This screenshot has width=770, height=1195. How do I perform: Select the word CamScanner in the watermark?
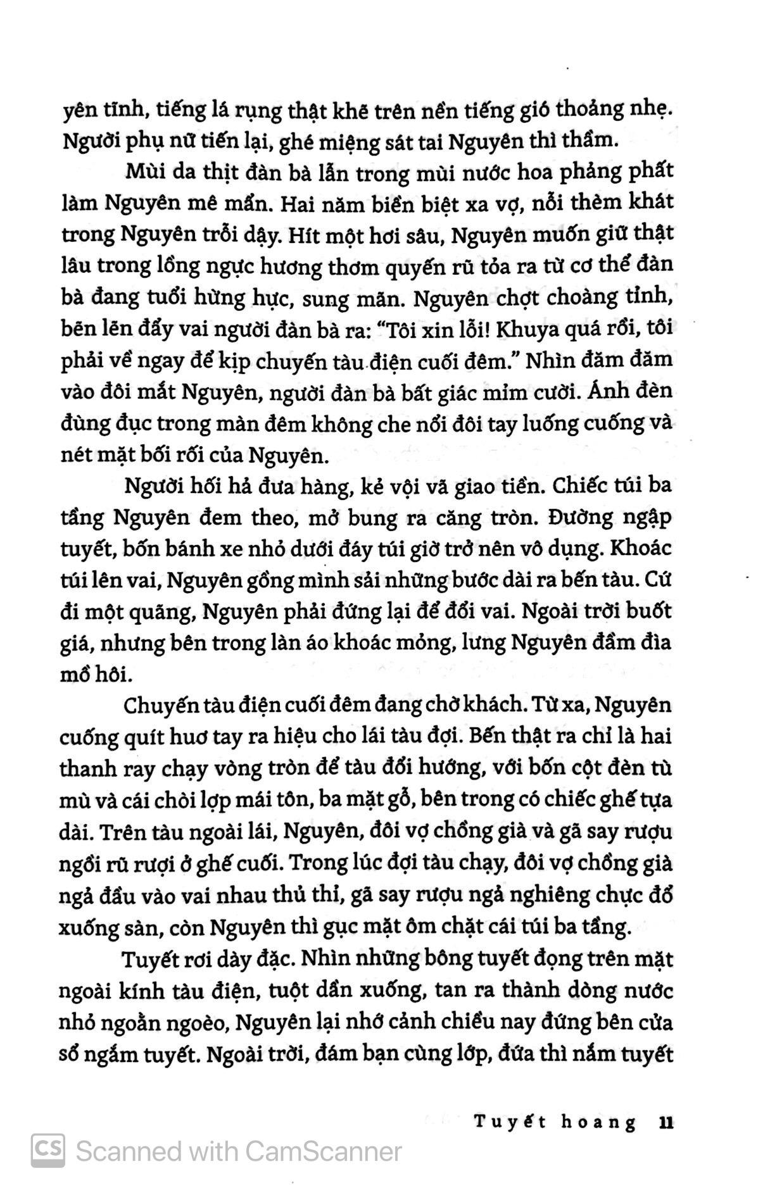[323, 1151]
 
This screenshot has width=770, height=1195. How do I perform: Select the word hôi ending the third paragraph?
[115, 675]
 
